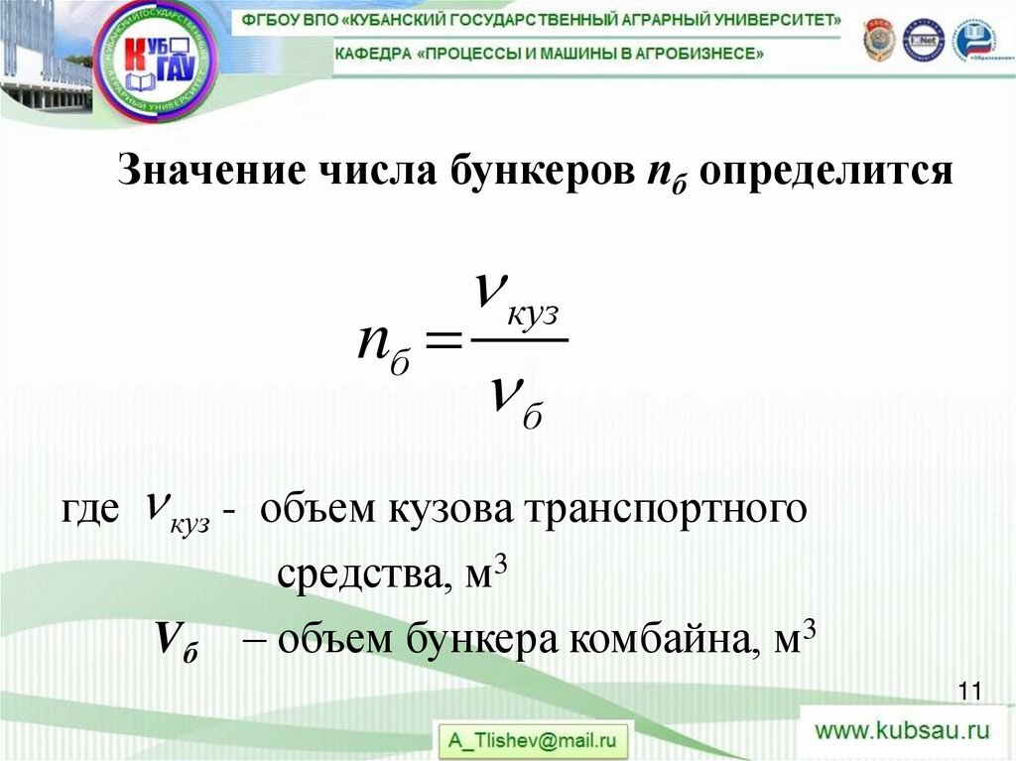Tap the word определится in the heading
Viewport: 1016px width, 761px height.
pos(825,171)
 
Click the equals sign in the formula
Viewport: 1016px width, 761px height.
pos(444,342)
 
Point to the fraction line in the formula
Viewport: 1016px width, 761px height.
pos(518,340)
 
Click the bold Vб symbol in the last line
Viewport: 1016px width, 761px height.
pos(176,640)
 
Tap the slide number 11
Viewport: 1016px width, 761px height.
pos(969,692)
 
